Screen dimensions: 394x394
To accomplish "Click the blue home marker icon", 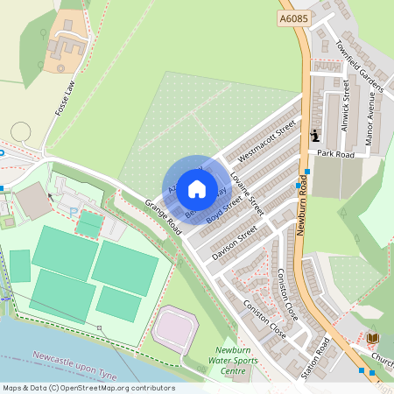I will [197, 188].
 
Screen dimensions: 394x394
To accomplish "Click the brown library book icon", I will [373, 338].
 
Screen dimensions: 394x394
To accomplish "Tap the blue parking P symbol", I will [71, 211].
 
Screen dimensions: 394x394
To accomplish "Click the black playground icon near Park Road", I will [315, 135].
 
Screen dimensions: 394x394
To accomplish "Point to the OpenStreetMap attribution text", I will [88, 388].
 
